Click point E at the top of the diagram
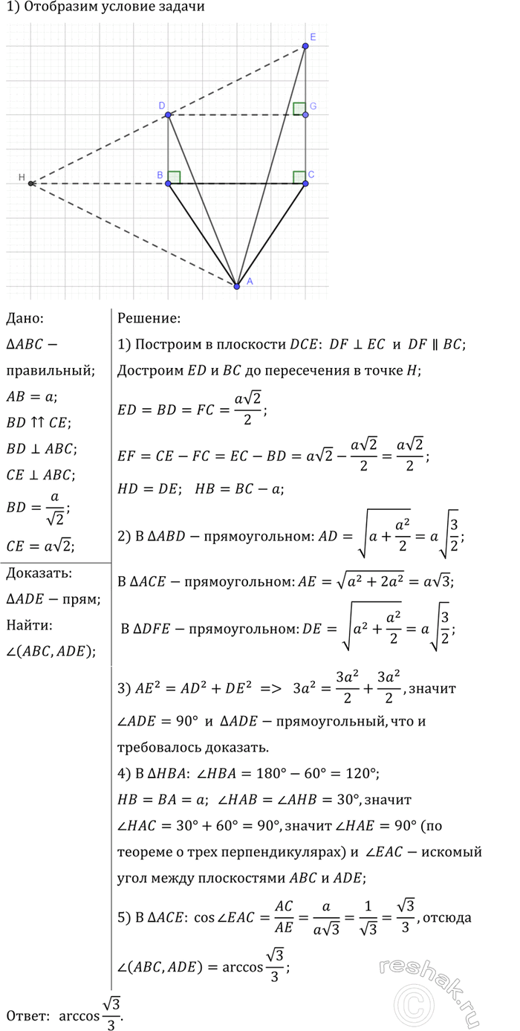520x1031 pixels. pyautogui.click(x=305, y=46)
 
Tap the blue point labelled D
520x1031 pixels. pyautogui.click(x=168, y=114)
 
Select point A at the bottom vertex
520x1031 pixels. pyautogui.click(x=237, y=285)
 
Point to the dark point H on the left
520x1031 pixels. pyautogui.click(x=30, y=183)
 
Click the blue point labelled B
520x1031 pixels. pyautogui.click(x=168, y=183)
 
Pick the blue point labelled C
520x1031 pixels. pyautogui.click(x=305, y=183)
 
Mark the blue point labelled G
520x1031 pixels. pyautogui.click(x=305, y=114)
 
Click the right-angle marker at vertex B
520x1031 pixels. pyautogui.click(x=174, y=177)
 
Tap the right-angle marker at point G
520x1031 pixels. pyautogui.click(x=299, y=109)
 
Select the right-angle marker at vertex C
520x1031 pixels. pyautogui.click(x=299, y=177)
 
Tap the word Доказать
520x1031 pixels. pyautogui.click(x=39, y=573)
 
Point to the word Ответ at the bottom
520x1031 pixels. pyautogui.click(x=27, y=1015)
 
